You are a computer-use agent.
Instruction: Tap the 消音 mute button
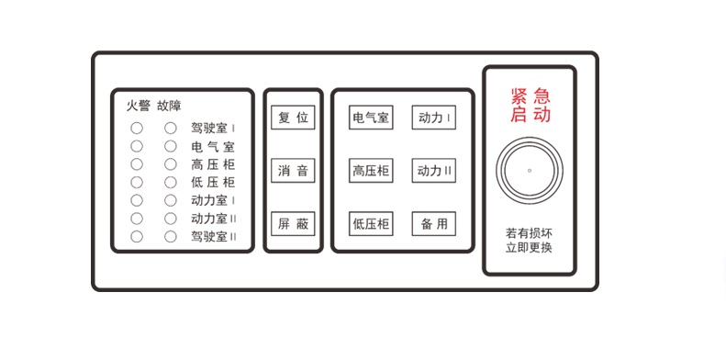tap(294, 171)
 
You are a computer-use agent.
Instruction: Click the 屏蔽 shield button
tap(294, 224)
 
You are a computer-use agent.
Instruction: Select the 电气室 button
tap(371, 118)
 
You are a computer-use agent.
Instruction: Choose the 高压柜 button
tap(371, 171)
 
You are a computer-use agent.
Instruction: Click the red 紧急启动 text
tap(531, 106)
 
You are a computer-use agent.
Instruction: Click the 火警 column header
tap(138, 106)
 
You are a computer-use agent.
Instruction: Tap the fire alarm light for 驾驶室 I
tap(137, 129)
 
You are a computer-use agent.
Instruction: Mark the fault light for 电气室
tap(171, 146)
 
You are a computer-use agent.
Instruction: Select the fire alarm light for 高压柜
tap(137, 164)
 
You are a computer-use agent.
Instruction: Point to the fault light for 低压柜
tap(171, 182)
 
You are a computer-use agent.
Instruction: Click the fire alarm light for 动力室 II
tap(137, 219)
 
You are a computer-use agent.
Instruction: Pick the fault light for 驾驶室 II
tap(171, 236)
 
